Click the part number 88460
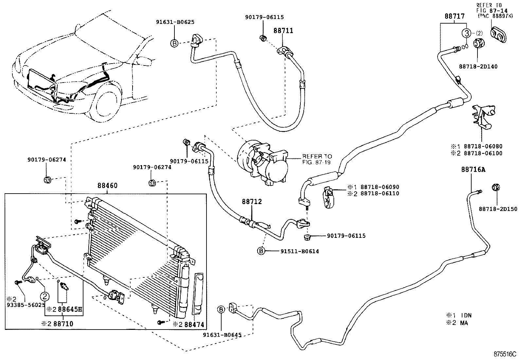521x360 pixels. [x=107, y=186]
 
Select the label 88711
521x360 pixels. [x=283, y=31]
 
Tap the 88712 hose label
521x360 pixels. [x=252, y=202]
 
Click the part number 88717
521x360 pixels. [x=455, y=16]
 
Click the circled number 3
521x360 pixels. [x=466, y=33]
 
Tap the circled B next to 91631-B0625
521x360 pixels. [x=174, y=43]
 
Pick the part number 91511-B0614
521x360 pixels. [x=299, y=251]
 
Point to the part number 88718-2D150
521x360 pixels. [x=498, y=209]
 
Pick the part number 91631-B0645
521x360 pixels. [x=222, y=335]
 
